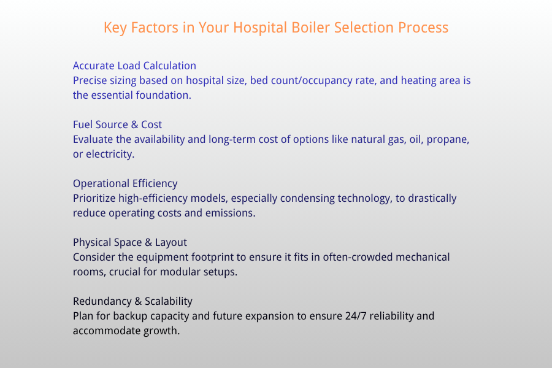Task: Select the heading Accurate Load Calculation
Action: pyautogui.click(x=134, y=66)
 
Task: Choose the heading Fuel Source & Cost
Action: pyautogui.click(x=117, y=125)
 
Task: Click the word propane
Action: pyautogui.click(x=447, y=139)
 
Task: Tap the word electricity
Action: pyautogui.click(x=110, y=154)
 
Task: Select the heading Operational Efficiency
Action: pyautogui.click(x=125, y=183)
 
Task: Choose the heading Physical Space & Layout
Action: pyautogui.click(x=130, y=242)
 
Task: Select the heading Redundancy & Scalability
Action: pyautogui.click(x=132, y=301)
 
